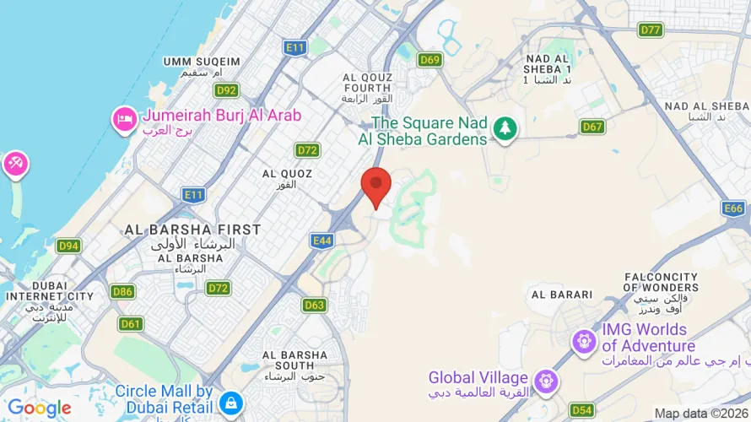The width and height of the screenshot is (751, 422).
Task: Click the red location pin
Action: [x=376, y=186]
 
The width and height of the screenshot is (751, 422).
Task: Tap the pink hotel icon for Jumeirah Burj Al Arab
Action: [x=124, y=120]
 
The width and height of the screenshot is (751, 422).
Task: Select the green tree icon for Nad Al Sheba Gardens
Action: [x=505, y=128]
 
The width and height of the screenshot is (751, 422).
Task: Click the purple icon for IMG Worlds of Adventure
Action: [x=582, y=342]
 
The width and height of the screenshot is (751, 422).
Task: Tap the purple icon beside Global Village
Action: [x=548, y=381]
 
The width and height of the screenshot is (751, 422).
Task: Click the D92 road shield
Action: [x=225, y=90]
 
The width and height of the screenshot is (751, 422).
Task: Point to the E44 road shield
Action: [x=322, y=241]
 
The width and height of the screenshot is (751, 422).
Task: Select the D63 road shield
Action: [x=314, y=305]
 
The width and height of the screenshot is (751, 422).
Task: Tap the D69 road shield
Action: [x=430, y=59]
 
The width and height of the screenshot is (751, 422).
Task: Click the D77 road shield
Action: [x=650, y=30]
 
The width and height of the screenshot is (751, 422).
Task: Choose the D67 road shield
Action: [x=592, y=127]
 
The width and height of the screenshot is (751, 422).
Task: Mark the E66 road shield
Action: [x=734, y=208]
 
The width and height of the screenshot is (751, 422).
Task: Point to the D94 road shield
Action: [x=68, y=246]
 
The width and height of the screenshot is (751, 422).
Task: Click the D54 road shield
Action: [x=581, y=410]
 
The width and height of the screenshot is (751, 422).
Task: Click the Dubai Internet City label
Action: [x=49, y=295]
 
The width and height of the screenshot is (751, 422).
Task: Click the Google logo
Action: [x=39, y=408]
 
